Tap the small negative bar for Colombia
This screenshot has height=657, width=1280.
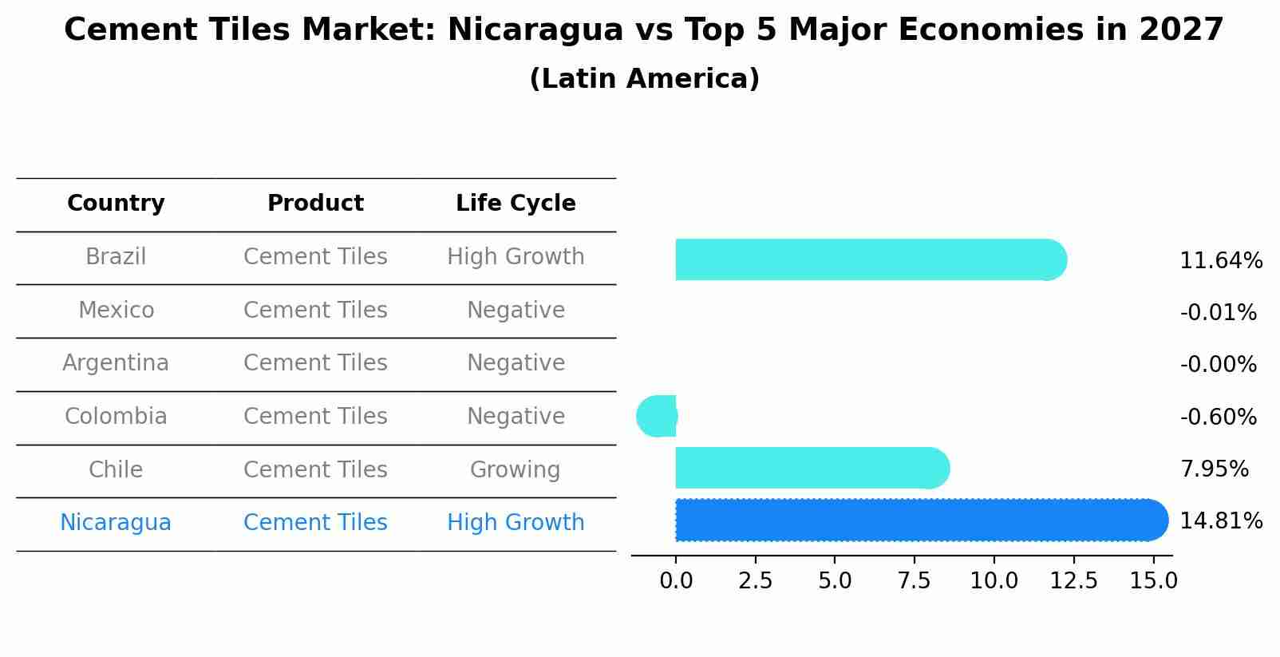tap(658, 416)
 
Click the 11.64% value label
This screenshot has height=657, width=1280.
tap(1220, 261)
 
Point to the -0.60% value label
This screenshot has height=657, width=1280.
tap(1218, 418)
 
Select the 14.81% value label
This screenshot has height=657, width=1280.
tap(1220, 521)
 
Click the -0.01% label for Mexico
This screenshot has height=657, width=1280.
tap(1218, 313)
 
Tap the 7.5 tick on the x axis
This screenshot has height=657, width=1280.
tap(914, 581)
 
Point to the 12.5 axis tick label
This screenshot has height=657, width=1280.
tap(1073, 581)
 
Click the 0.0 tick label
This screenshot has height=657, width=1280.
tap(676, 581)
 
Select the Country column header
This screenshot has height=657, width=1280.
tap(116, 204)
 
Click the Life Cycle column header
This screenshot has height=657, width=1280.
tap(516, 204)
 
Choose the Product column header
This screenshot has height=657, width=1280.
tap(315, 204)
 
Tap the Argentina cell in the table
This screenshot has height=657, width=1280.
tap(116, 363)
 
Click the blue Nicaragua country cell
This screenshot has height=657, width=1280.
tap(116, 523)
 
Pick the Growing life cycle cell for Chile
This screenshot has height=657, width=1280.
tap(516, 469)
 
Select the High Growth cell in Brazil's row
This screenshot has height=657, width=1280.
tap(516, 257)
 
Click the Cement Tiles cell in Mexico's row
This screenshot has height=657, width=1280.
tap(315, 310)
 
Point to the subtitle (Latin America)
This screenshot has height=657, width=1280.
tap(644, 79)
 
